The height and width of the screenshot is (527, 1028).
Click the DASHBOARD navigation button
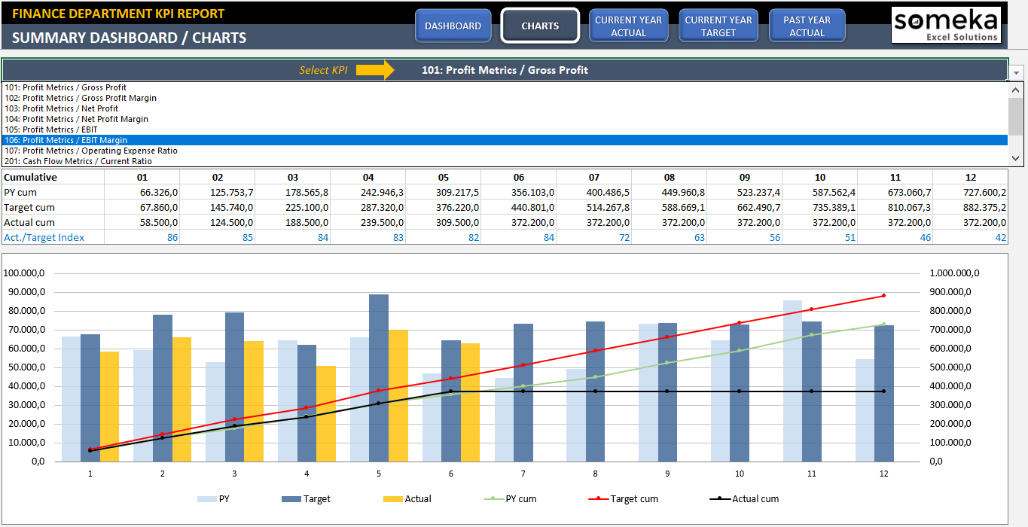pyautogui.click(x=453, y=26)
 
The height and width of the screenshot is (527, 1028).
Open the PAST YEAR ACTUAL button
pyautogui.click(x=807, y=26)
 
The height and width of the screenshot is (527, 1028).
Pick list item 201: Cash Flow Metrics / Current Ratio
pyautogui.click(x=78, y=161)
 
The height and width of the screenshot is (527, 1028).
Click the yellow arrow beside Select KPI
pyautogui.click(x=375, y=70)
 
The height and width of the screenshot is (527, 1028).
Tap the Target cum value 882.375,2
pyautogui.click(x=984, y=207)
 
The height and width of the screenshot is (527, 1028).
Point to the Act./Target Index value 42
pyautogui.click(x=1000, y=237)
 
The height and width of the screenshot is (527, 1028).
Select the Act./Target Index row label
pyautogui.click(x=44, y=237)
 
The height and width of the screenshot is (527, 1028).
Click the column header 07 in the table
pyautogui.click(x=593, y=177)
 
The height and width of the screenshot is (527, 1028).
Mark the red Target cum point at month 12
pyautogui.click(x=883, y=295)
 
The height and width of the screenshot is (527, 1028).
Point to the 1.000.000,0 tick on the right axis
pyautogui.click(x=954, y=273)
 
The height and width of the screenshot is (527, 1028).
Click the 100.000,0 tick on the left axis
pyautogui.click(x=25, y=273)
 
